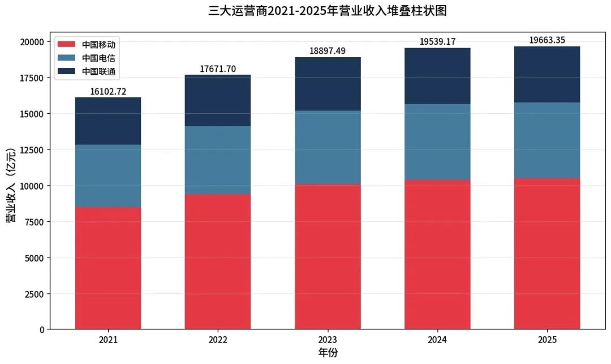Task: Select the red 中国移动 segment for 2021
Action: pos(108,268)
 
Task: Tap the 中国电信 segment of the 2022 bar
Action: pos(218,160)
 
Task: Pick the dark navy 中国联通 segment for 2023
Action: pos(328,84)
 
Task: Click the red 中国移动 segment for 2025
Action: pos(547,254)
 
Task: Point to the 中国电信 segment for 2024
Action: pos(437,142)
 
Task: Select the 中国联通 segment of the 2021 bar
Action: pos(108,121)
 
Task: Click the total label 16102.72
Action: pos(108,91)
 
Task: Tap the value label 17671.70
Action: pos(218,69)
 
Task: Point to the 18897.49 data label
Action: pos(328,51)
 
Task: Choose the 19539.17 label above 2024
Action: pos(437,42)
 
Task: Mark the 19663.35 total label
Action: pos(547,40)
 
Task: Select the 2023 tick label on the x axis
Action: pos(328,340)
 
